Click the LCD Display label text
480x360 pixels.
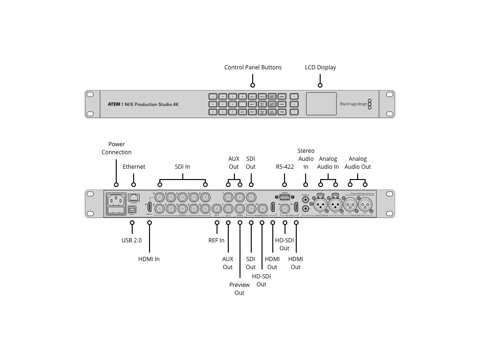click(320, 67)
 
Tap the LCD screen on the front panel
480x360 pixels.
click(321, 104)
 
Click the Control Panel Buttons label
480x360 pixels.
click(253, 67)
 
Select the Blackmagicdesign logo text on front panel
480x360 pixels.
click(353, 104)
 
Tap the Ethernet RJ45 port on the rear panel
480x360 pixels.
click(134, 197)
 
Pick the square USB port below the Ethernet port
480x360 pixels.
click(132, 210)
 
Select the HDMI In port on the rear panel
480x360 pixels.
click(150, 207)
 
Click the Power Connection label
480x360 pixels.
click(117, 148)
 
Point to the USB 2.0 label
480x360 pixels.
click(132, 240)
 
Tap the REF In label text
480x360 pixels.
click(216, 240)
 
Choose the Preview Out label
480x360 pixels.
click(239, 289)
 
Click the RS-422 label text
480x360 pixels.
click(285, 166)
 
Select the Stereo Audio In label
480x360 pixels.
click(306, 158)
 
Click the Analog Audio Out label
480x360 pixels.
click(358, 163)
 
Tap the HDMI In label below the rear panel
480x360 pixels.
click(149, 259)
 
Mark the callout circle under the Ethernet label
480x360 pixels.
click(134, 185)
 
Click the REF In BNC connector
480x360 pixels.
click(217, 209)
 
